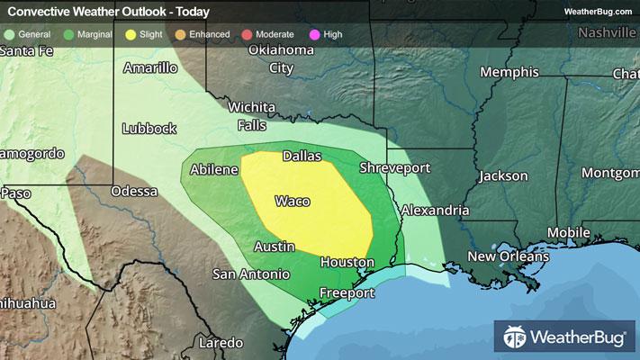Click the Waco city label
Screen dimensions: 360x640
[293, 201]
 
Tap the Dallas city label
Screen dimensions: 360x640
[302, 156]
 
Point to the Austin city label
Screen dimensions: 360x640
[274, 246]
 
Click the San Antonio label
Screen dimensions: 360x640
[251, 274]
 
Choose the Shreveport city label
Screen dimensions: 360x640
[394, 168]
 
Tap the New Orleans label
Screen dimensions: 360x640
[508, 257]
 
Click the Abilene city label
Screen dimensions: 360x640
[214, 169]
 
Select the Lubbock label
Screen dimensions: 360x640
[149, 128]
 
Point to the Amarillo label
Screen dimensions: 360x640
[150, 67]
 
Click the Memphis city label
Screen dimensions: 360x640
[509, 72]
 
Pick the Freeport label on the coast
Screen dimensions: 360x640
[348, 293]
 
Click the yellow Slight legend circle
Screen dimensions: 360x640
[131, 34]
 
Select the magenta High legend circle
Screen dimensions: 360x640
[313, 34]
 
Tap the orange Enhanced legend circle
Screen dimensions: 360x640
[181, 34]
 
